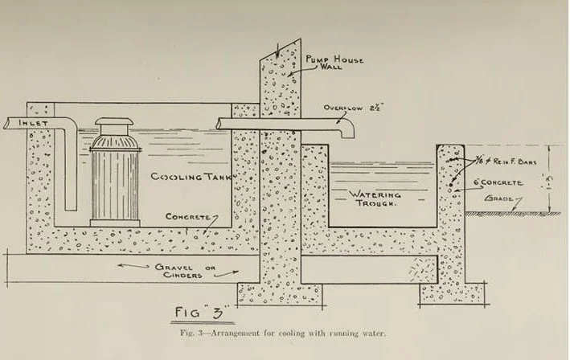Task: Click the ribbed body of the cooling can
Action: [113, 181]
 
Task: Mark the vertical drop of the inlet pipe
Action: [69, 169]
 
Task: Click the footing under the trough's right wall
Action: [450, 293]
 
